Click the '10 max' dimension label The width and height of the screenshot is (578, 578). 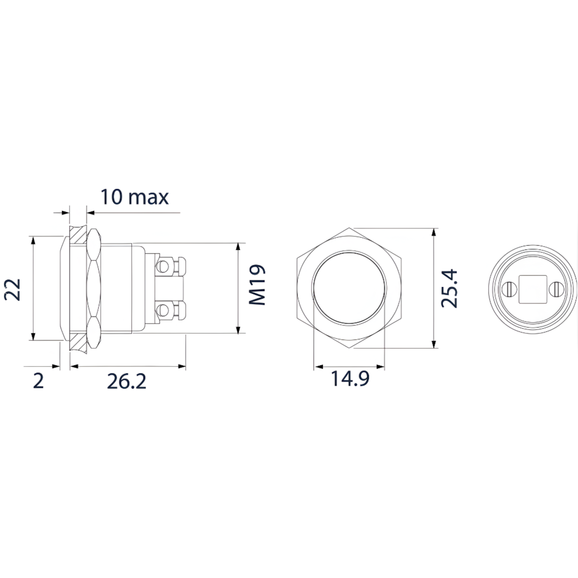pos(134,197)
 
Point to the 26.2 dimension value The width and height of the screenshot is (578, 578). pos(126,381)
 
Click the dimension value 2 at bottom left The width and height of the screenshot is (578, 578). pos(39,381)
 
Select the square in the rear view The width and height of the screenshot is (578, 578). pos(532,289)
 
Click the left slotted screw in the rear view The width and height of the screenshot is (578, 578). pos(509,289)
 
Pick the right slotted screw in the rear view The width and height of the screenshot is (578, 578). pos(555,289)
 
